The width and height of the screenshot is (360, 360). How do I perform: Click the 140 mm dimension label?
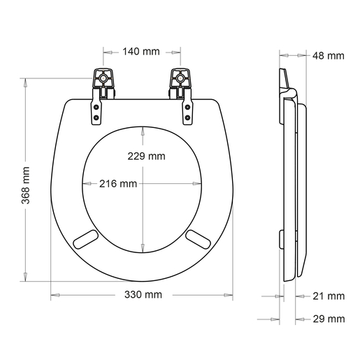[141, 52]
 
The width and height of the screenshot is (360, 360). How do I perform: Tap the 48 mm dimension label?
[328, 55]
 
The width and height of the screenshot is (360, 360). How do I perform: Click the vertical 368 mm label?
[26, 182]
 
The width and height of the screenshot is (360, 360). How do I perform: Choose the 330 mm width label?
[143, 295]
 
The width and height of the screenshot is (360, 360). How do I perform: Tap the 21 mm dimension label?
[328, 296]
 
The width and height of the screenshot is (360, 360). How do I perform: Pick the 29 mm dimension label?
[328, 319]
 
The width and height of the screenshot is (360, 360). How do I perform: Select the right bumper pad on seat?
[199, 239]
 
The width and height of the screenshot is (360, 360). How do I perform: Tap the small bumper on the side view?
[280, 238]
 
